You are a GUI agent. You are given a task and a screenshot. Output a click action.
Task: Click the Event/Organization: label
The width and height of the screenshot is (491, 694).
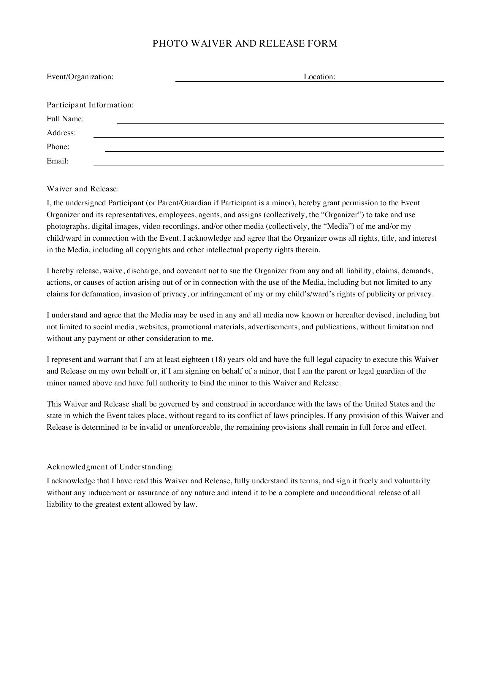[80, 77]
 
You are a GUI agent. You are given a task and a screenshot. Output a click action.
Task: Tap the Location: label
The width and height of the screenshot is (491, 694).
[319, 77]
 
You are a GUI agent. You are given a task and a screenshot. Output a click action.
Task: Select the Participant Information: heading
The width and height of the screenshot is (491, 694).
[90, 105]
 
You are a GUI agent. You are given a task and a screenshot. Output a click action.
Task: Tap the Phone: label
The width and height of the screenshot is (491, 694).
[58, 147]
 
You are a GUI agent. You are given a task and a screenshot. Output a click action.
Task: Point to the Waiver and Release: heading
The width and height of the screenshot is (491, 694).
[83, 189]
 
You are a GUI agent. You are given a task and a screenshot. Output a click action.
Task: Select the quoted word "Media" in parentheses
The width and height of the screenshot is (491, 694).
[338, 226]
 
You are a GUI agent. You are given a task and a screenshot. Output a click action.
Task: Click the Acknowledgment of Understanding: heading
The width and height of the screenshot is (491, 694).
[110, 467]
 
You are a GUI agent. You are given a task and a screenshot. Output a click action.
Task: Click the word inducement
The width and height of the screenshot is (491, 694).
[107, 493]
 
